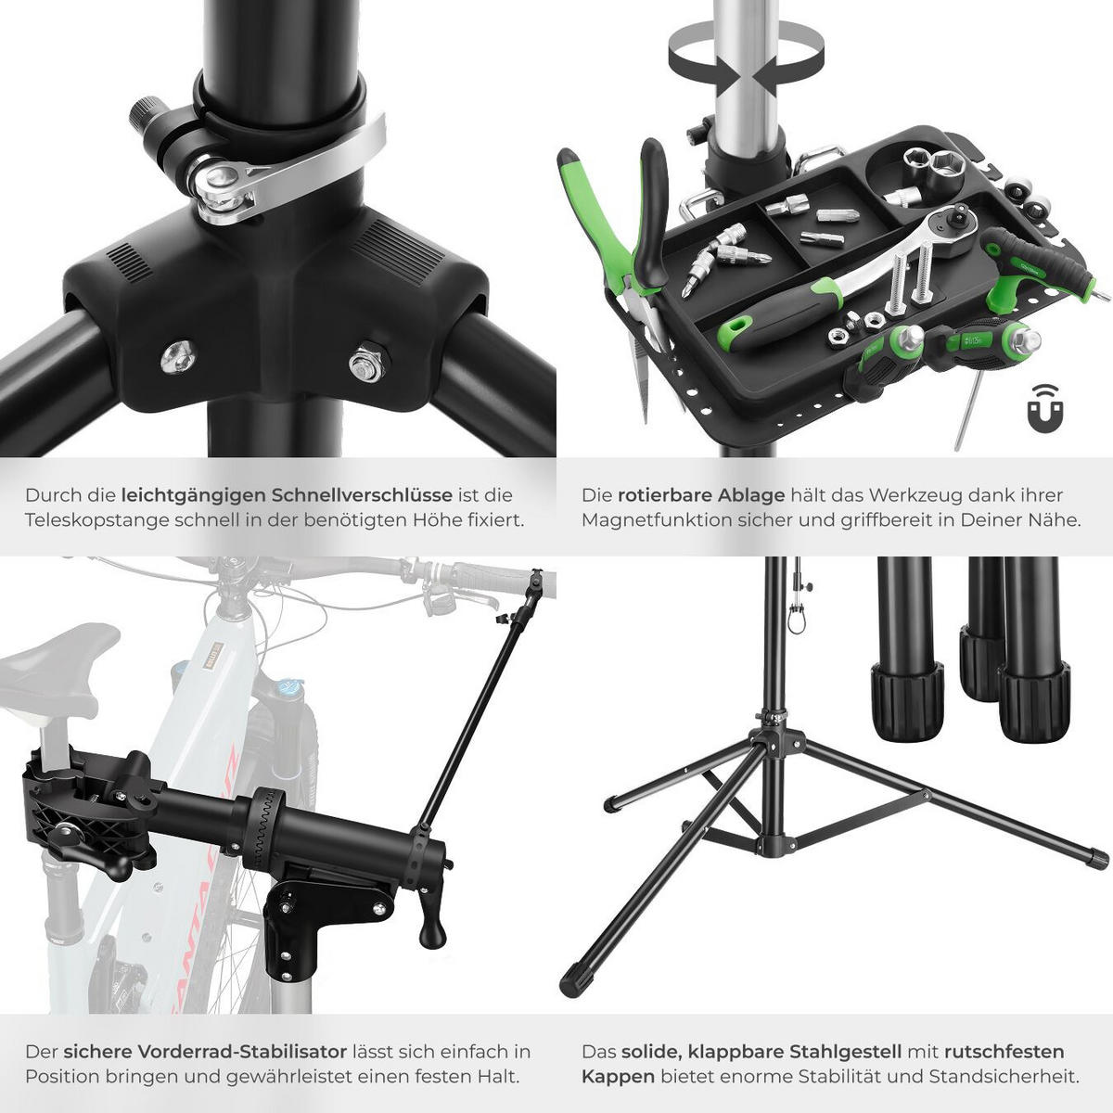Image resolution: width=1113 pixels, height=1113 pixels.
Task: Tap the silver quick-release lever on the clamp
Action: (x=288, y=173)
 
